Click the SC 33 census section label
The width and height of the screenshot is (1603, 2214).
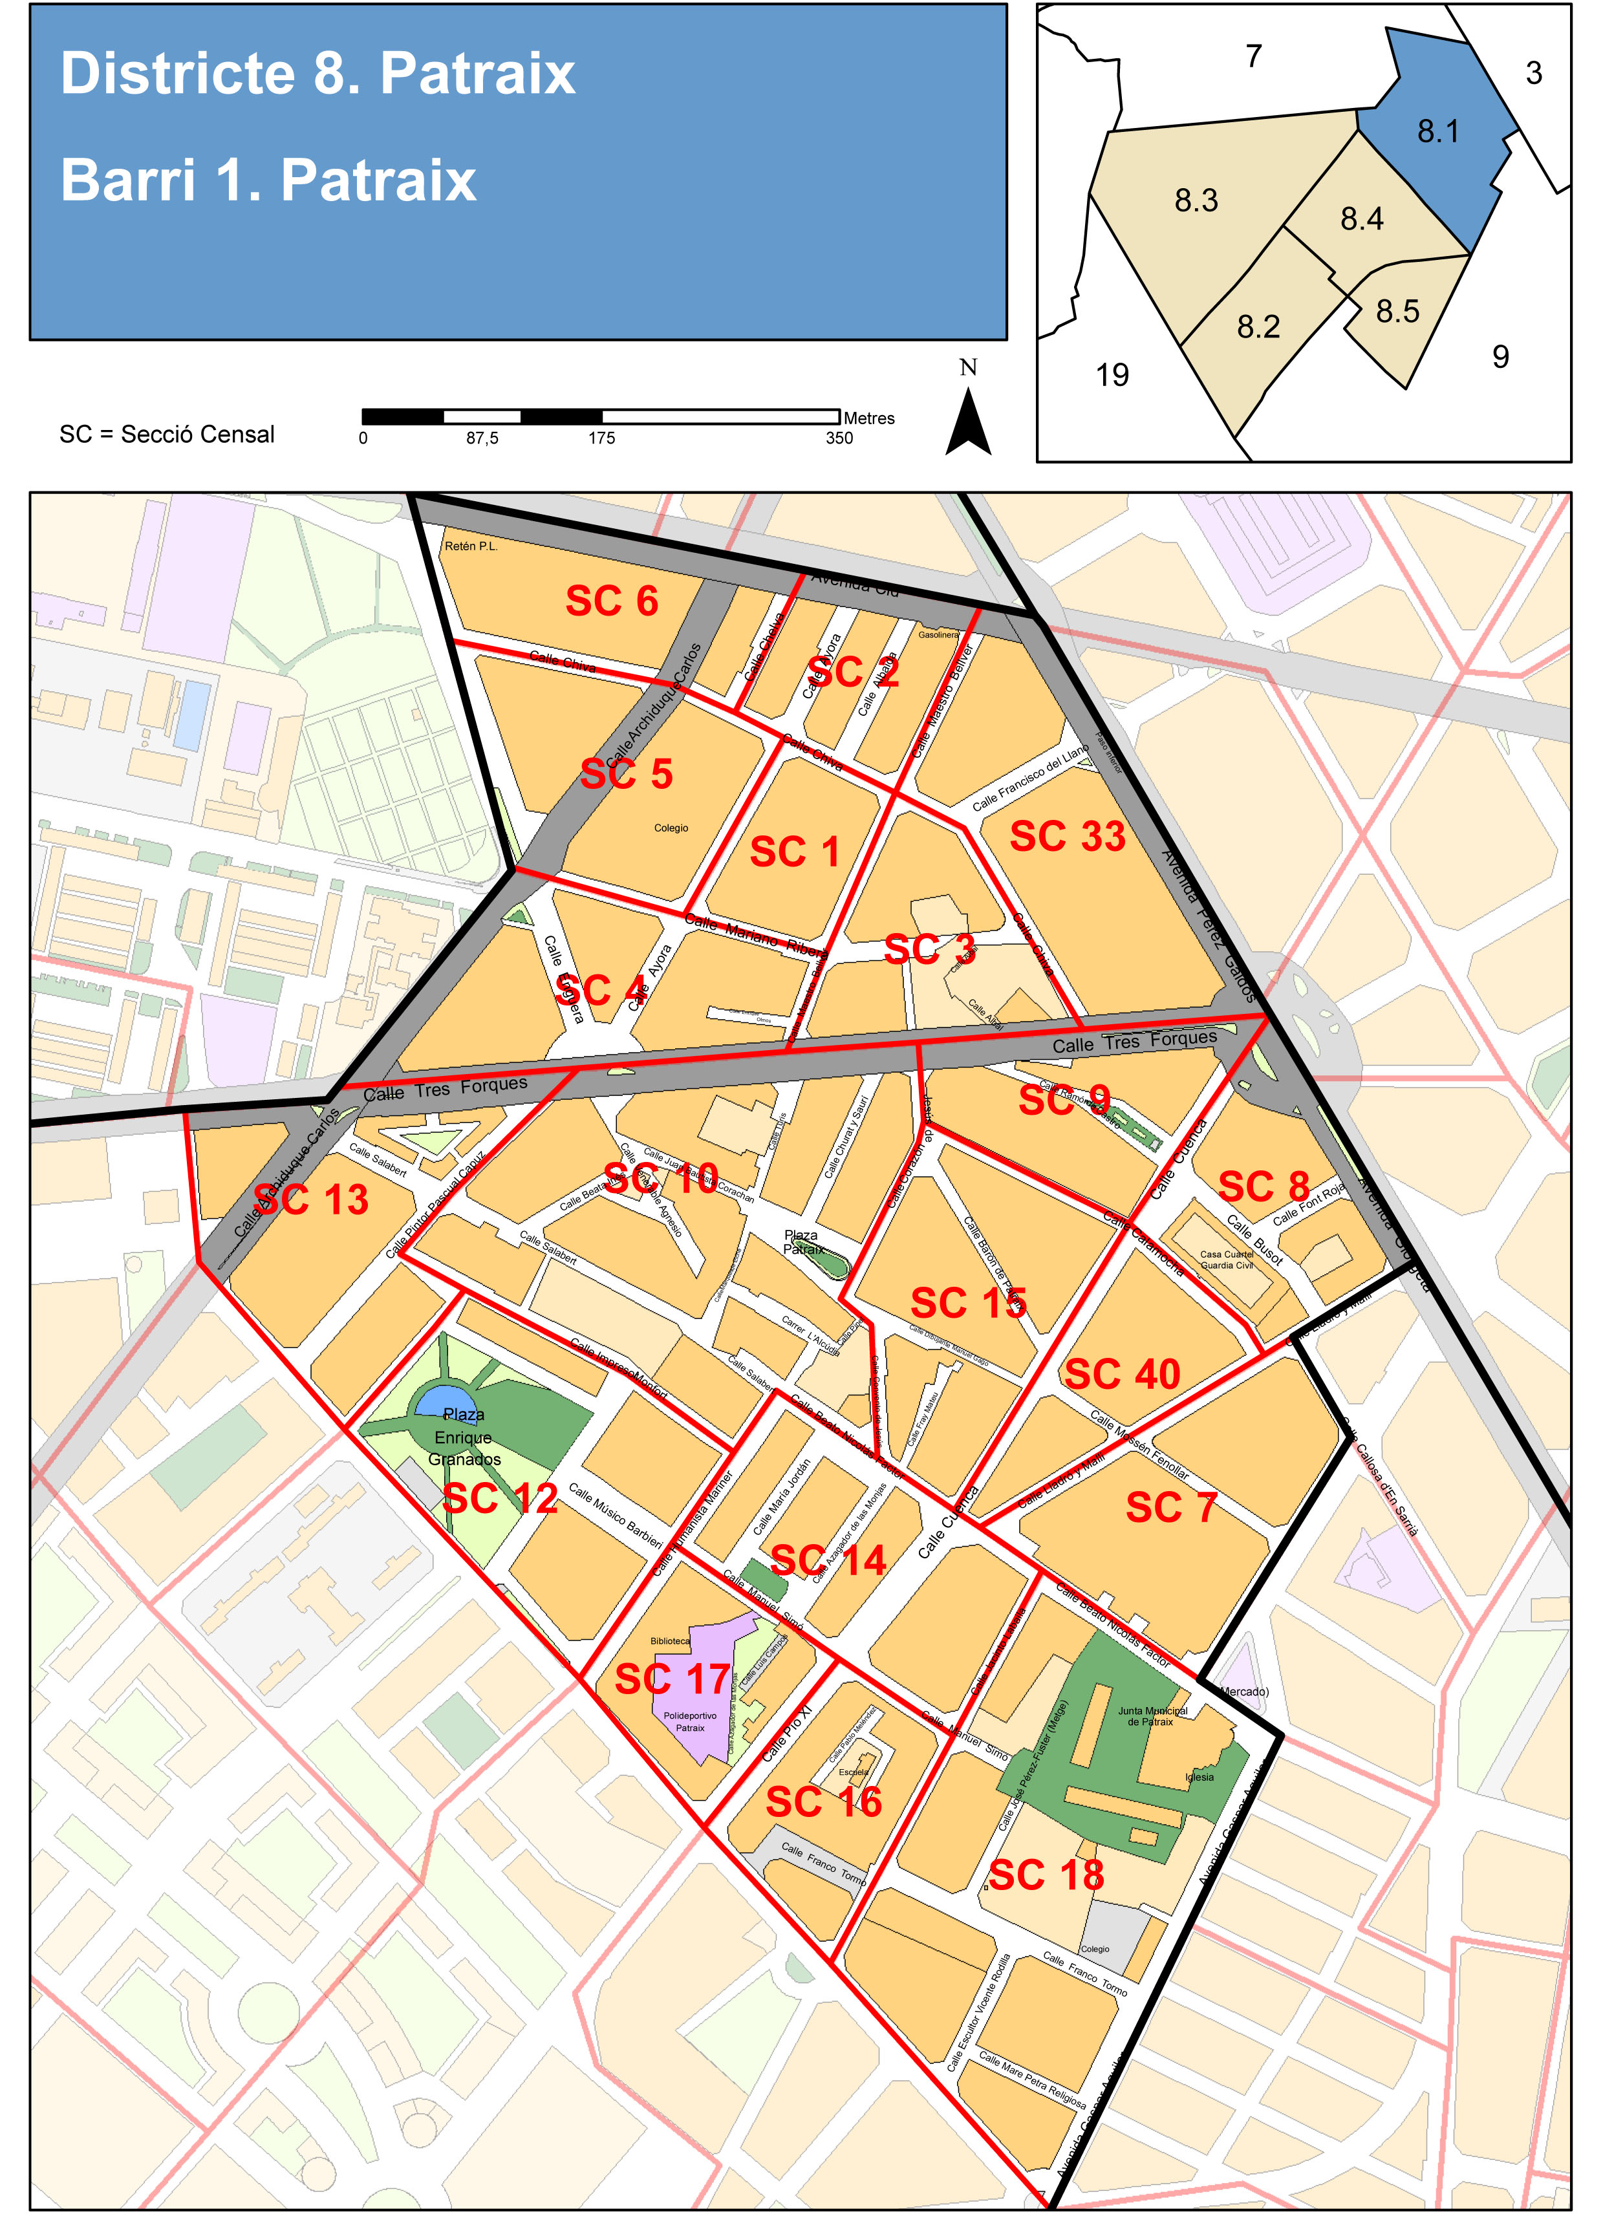1067,837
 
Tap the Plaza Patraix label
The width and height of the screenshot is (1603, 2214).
802,1241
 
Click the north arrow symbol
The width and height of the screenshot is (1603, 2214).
969,422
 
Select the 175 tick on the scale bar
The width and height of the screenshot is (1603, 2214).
601,438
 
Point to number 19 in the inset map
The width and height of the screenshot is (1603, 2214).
1112,375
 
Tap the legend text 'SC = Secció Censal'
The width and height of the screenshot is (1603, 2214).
167,435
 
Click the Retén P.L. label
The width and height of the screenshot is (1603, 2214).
471,546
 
